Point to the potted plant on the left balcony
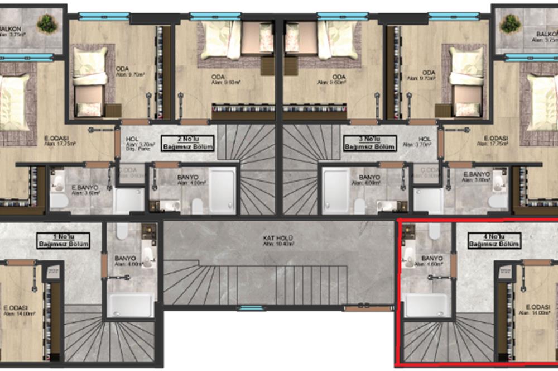click(48, 23)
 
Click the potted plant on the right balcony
click(509, 23)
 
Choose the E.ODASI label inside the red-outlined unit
click(538, 307)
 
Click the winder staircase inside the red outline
click(446, 341)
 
